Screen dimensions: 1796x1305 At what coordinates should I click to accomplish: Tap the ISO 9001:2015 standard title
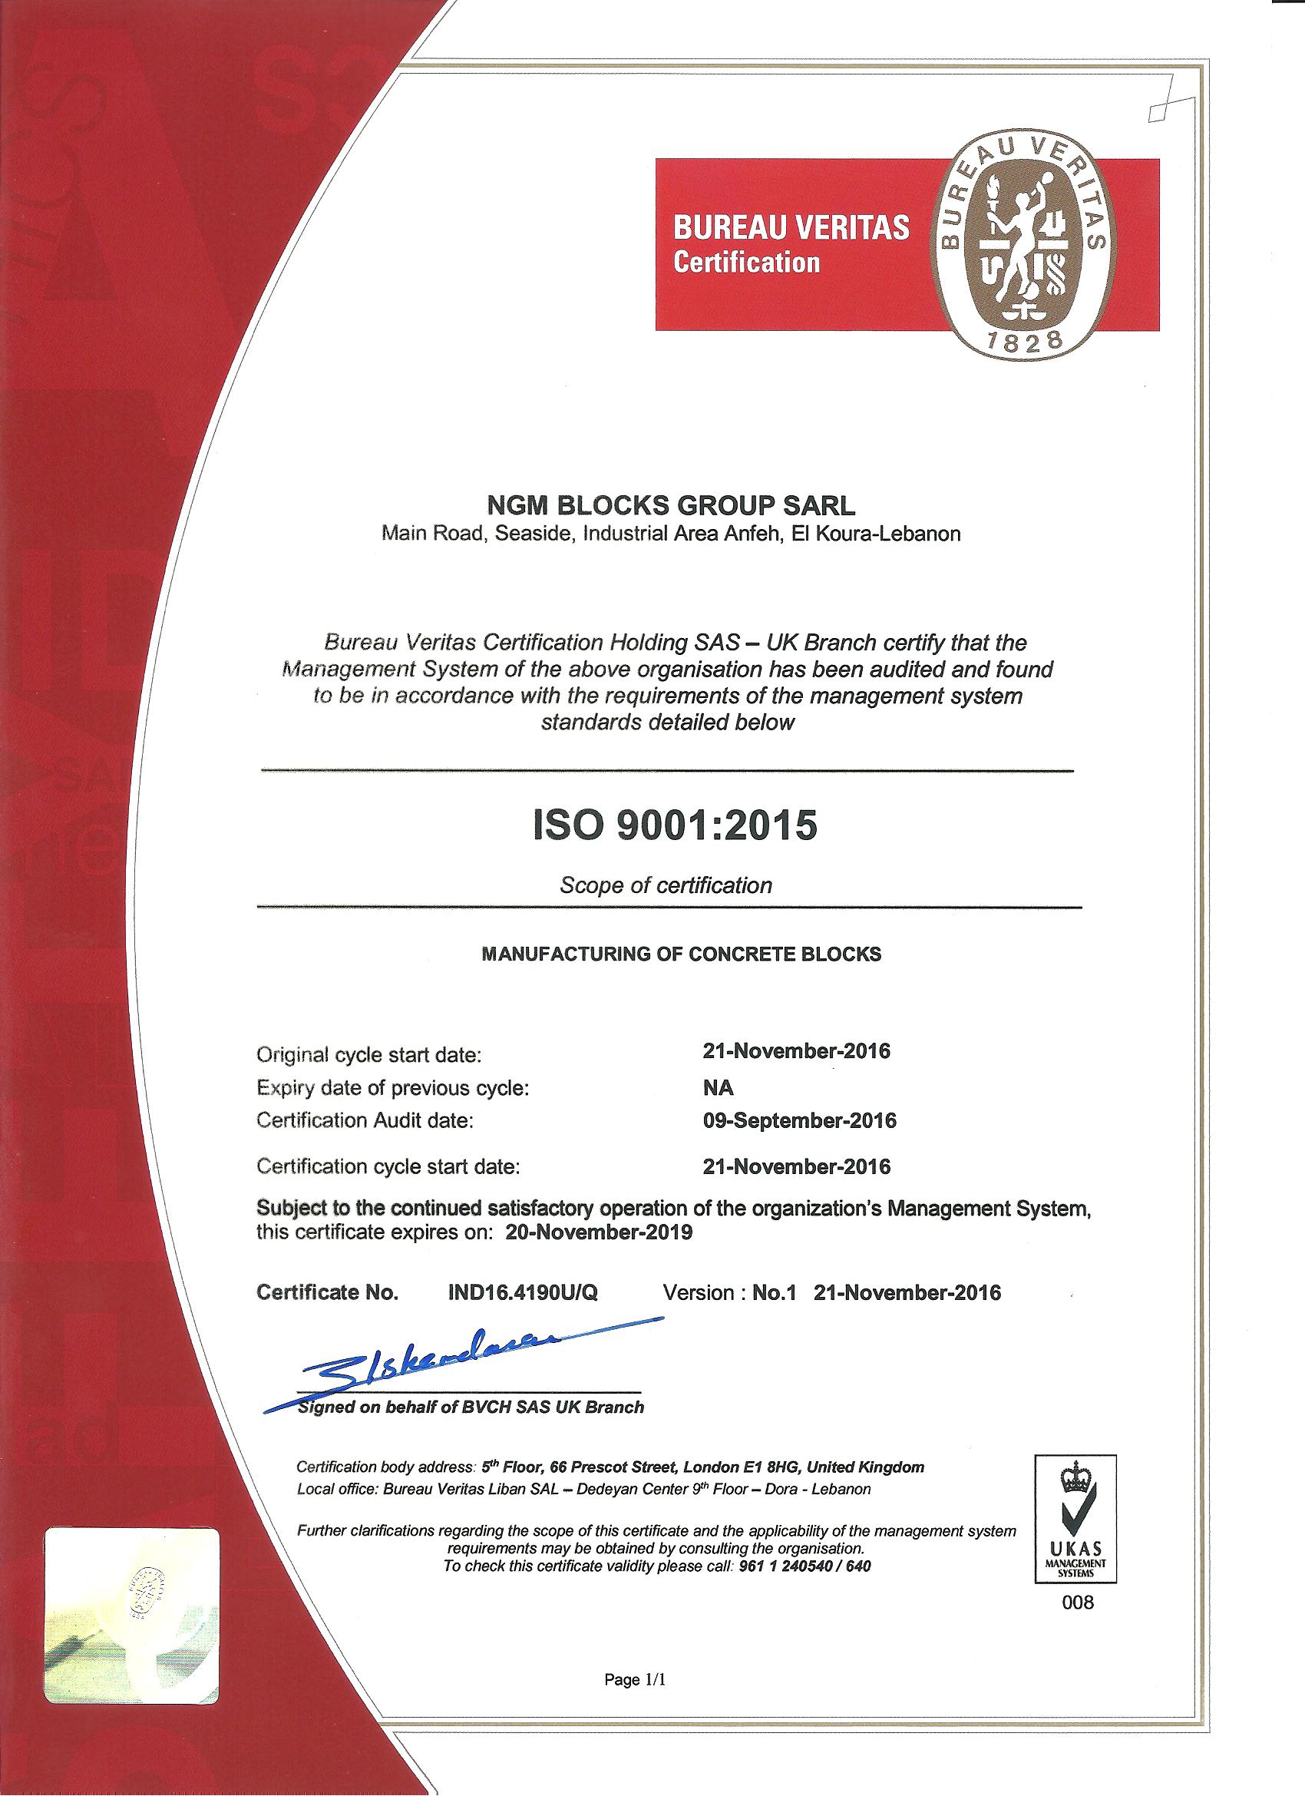(x=673, y=825)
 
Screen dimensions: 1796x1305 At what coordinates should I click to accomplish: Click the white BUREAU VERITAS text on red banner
(x=791, y=228)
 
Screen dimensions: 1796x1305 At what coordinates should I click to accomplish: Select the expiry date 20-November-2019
(x=598, y=1232)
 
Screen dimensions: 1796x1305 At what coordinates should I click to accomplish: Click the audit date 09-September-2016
(x=799, y=1120)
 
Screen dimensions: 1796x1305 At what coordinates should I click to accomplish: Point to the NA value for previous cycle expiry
(x=719, y=1087)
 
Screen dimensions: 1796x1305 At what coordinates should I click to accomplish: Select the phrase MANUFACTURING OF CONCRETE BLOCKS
(x=681, y=954)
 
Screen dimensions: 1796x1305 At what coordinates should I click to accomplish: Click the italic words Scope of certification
(x=666, y=885)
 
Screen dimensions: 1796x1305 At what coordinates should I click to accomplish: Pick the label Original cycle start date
(x=369, y=1055)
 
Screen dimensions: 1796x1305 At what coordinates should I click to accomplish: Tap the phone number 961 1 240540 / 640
(x=804, y=1566)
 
